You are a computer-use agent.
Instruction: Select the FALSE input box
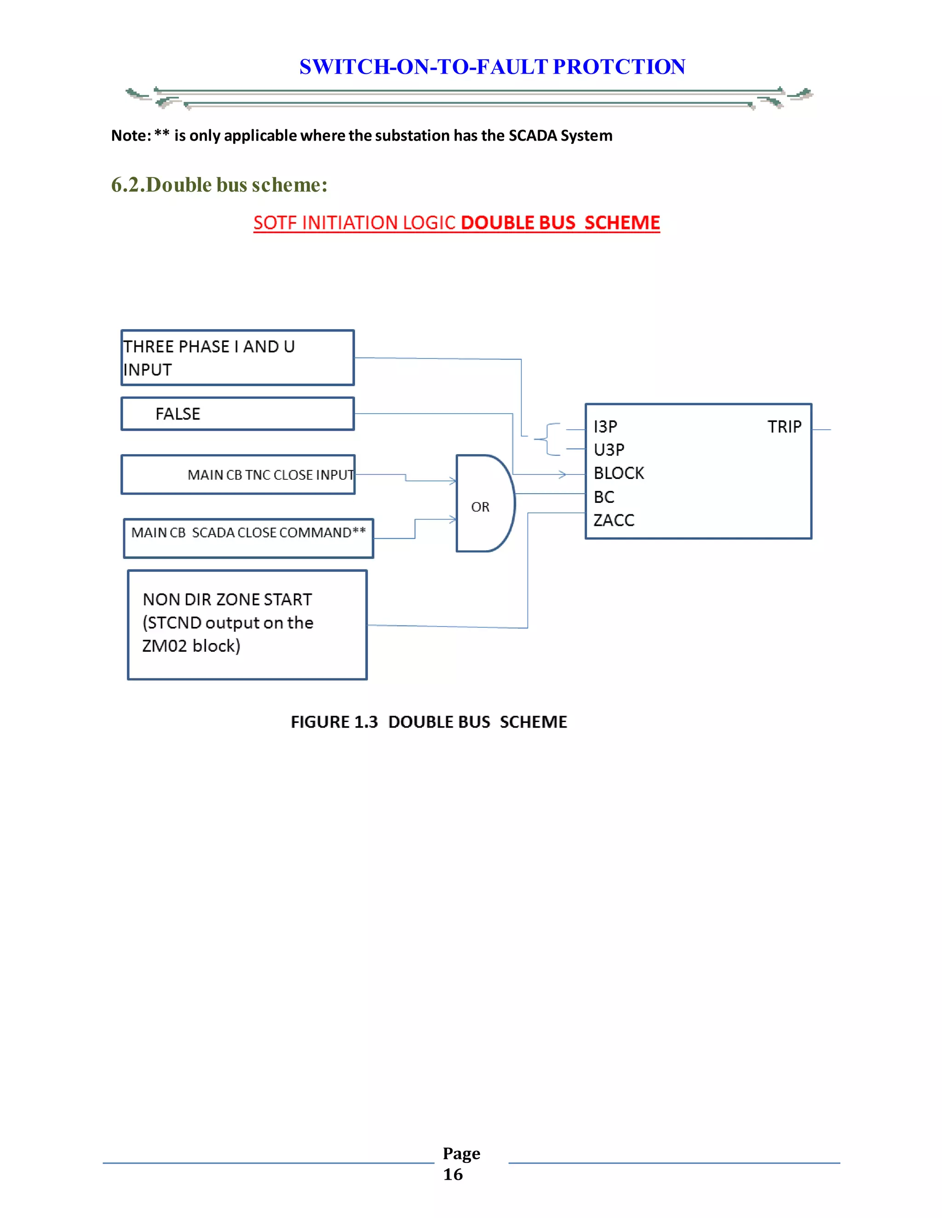click(x=237, y=414)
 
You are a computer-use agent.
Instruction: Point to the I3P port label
click(x=605, y=427)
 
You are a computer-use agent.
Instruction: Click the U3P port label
click(x=609, y=450)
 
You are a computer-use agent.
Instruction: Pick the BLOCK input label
click(x=618, y=473)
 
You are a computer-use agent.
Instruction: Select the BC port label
click(x=604, y=496)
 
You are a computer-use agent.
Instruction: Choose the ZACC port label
click(x=614, y=520)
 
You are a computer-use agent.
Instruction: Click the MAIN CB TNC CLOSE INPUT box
click(x=238, y=475)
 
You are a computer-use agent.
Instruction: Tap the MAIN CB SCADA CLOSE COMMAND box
click(x=248, y=538)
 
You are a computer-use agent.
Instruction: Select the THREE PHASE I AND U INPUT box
click(x=237, y=358)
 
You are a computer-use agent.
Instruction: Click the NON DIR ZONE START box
click(x=247, y=625)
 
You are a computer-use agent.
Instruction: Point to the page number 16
click(x=453, y=1174)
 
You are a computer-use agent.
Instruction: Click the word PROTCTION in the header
click(x=619, y=67)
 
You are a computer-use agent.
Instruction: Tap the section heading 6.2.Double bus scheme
click(x=219, y=185)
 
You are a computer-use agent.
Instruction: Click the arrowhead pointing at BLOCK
click(x=563, y=475)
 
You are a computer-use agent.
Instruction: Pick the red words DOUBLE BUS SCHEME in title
click(x=560, y=222)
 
